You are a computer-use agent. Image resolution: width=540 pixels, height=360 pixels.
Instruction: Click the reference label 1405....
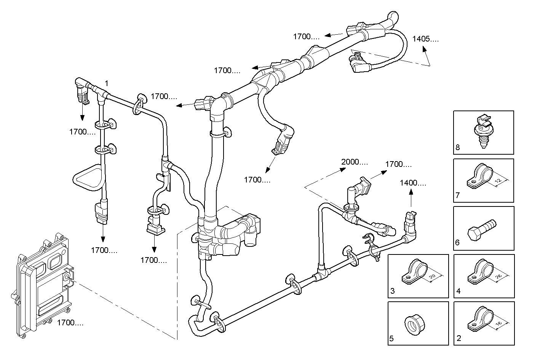coord(425,38)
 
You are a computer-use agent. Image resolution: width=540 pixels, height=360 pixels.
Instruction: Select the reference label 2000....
coord(354,162)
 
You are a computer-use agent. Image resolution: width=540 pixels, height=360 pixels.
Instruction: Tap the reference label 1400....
coord(413,183)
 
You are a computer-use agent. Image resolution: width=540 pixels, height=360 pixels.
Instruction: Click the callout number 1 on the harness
coord(107,83)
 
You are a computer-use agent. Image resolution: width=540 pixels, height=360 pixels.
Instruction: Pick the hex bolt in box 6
coord(481,230)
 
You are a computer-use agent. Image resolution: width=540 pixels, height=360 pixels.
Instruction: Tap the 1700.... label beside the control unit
coord(70,323)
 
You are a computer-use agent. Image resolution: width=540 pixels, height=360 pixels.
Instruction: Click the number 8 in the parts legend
coord(458,148)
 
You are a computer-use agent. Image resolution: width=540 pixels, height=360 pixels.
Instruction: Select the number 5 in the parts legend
coord(392,338)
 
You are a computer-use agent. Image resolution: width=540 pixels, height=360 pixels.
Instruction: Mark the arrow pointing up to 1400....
coord(411,198)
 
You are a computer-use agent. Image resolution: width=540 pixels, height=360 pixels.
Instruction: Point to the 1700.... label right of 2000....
coord(398,164)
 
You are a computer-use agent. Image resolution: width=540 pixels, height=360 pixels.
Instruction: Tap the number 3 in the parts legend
coord(392,291)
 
